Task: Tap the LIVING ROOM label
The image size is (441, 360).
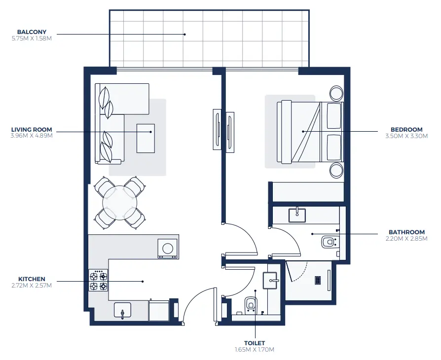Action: [x=32, y=130]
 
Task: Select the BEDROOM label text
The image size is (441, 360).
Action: [x=406, y=130]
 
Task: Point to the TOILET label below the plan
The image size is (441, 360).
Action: [x=254, y=343]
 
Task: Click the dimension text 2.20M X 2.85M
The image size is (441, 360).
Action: [x=406, y=239]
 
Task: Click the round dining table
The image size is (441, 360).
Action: [x=120, y=203]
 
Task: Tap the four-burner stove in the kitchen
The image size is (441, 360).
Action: [x=98, y=280]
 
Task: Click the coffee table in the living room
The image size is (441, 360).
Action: [x=146, y=138]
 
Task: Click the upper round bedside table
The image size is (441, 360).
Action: [x=337, y=93]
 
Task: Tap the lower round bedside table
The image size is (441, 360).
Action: [x=337, y=170]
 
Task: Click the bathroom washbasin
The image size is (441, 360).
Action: [x=297, y=214]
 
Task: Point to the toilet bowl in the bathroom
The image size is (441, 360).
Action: [x=329, y=242]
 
